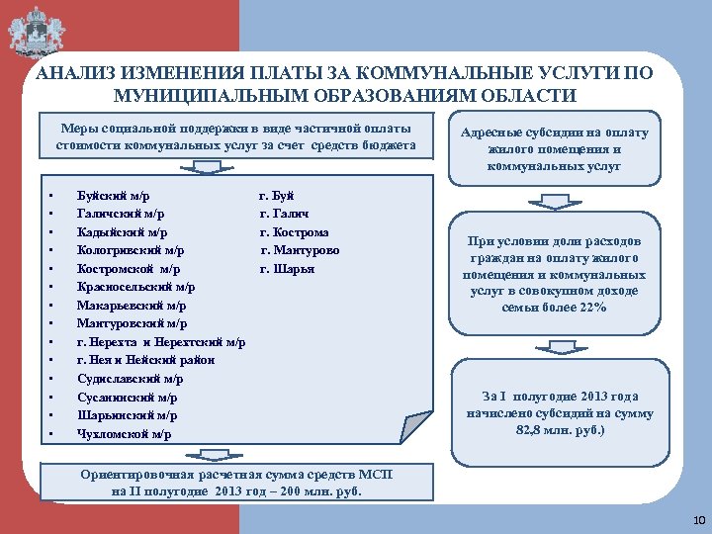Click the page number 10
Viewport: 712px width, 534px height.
(699, 520)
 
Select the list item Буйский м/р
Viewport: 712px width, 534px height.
(114, 196)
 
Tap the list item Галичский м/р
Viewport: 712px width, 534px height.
(121, 214)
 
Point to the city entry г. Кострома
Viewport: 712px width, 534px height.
(295, 232)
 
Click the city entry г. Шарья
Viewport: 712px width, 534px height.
(287, 269)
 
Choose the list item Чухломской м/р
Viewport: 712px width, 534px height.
(124, 434)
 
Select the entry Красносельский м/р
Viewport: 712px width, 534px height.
(135, 287)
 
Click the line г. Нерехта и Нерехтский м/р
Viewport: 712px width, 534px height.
(161, 342)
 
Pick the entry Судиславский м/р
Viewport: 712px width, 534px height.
(130, 379)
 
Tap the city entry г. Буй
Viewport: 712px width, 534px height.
(277, 196)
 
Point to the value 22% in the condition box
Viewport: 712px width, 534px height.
(593, 308)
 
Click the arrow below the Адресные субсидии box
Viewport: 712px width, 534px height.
(553, 201)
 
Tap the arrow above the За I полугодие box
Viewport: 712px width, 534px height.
(553, 351)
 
